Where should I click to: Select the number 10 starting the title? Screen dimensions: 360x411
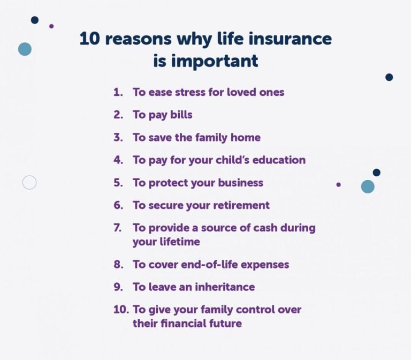tap(89, 39)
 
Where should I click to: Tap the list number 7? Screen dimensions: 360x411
tap(118, 228)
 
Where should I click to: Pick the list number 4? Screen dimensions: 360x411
tap(118, 160)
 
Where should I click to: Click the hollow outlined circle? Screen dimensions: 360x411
tap(29, 183)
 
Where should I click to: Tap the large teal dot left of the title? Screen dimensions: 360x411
tap(25, 49)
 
